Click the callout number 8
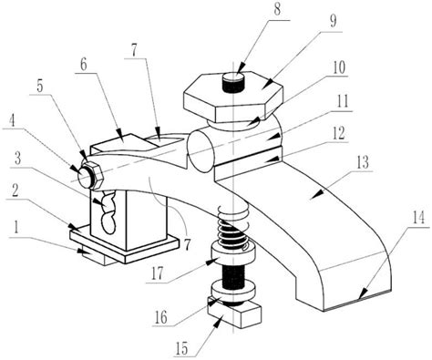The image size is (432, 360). point(277,10)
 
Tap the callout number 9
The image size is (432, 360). point(333,22)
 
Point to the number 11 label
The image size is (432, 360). point(343,102)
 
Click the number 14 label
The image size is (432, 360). point(418,218)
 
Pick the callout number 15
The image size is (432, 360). point(182,348)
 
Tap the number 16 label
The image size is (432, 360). point(160,317)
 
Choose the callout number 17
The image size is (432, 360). point(157,273)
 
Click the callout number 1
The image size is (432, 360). point(15,227)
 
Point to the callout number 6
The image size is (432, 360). point(83,64)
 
